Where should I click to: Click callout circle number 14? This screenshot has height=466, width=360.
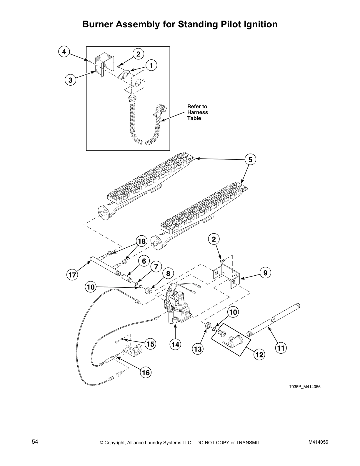click(176, 344)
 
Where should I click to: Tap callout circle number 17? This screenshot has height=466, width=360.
click(71, 275)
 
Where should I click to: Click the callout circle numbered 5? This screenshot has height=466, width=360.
click(250, 159)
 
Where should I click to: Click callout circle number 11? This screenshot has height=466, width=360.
click(281, 348)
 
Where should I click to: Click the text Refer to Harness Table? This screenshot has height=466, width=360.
click(197, 112)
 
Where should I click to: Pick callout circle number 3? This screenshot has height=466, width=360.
click(70, 80)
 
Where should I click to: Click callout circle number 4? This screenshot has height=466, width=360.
click(64, 52)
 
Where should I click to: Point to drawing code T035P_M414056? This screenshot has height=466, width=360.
click(304, 387)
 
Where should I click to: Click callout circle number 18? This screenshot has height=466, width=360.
click(142, 242)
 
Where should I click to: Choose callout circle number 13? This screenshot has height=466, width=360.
click(198, 349)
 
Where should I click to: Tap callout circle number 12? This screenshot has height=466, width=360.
click(259, 355)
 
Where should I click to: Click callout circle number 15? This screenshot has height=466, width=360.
click(150, 344)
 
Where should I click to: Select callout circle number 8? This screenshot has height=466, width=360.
click(168, 274)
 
